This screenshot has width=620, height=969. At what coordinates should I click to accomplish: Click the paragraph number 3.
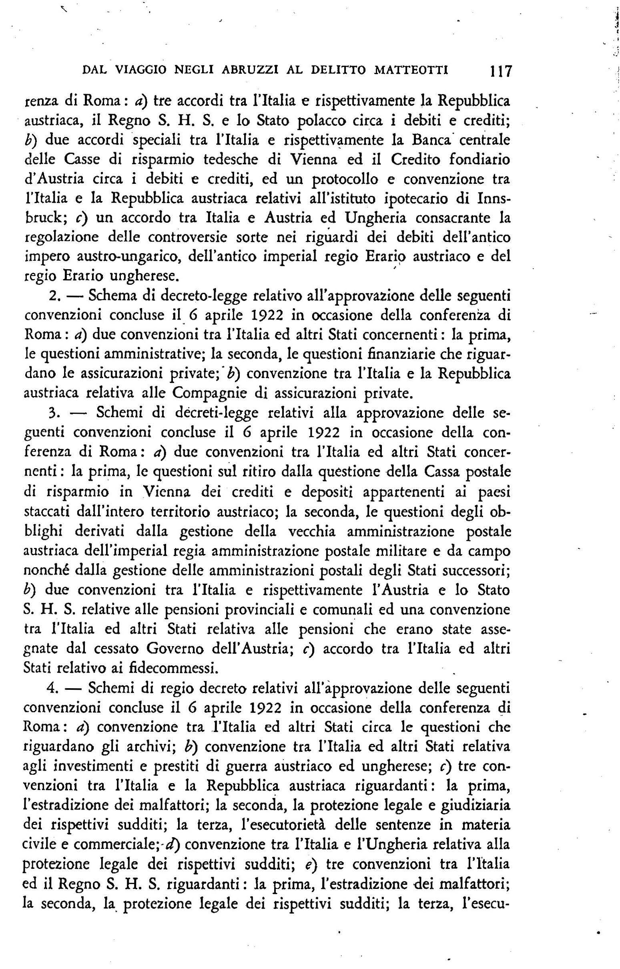(55, 414)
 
